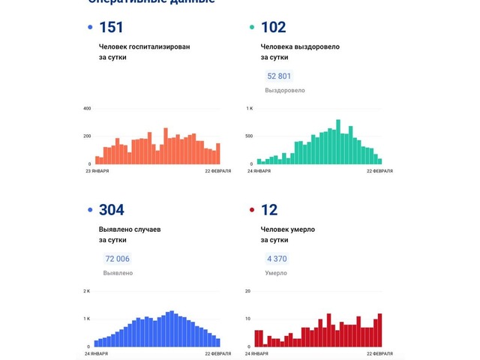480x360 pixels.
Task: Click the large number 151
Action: click(111, 28)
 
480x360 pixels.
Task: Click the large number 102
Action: click(273, 28)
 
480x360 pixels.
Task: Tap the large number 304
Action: click(111, 210)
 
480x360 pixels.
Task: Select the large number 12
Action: click(269, 210)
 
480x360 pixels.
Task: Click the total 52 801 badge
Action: click(279, 76)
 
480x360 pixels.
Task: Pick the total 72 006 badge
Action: click(117, 259)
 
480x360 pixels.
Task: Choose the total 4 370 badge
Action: click(276, 259)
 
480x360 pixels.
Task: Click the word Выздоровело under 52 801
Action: click(285, 90)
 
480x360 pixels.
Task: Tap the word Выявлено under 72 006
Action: click(118, 273)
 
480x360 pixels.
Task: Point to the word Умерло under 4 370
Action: click(276, 273)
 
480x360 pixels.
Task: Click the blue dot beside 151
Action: click(91, 28)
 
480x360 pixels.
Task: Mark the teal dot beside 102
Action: click(252, 28)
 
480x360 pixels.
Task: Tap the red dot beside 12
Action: click(252, 211)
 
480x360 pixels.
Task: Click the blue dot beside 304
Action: click(91, 211)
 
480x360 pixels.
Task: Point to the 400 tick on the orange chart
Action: click(86, 109)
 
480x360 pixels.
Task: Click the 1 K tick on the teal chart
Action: click(249, 109)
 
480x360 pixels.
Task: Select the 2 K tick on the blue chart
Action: click(86, 291)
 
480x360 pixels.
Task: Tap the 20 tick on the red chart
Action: click(247, 291)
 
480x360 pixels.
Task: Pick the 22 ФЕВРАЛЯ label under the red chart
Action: click(379, 353)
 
